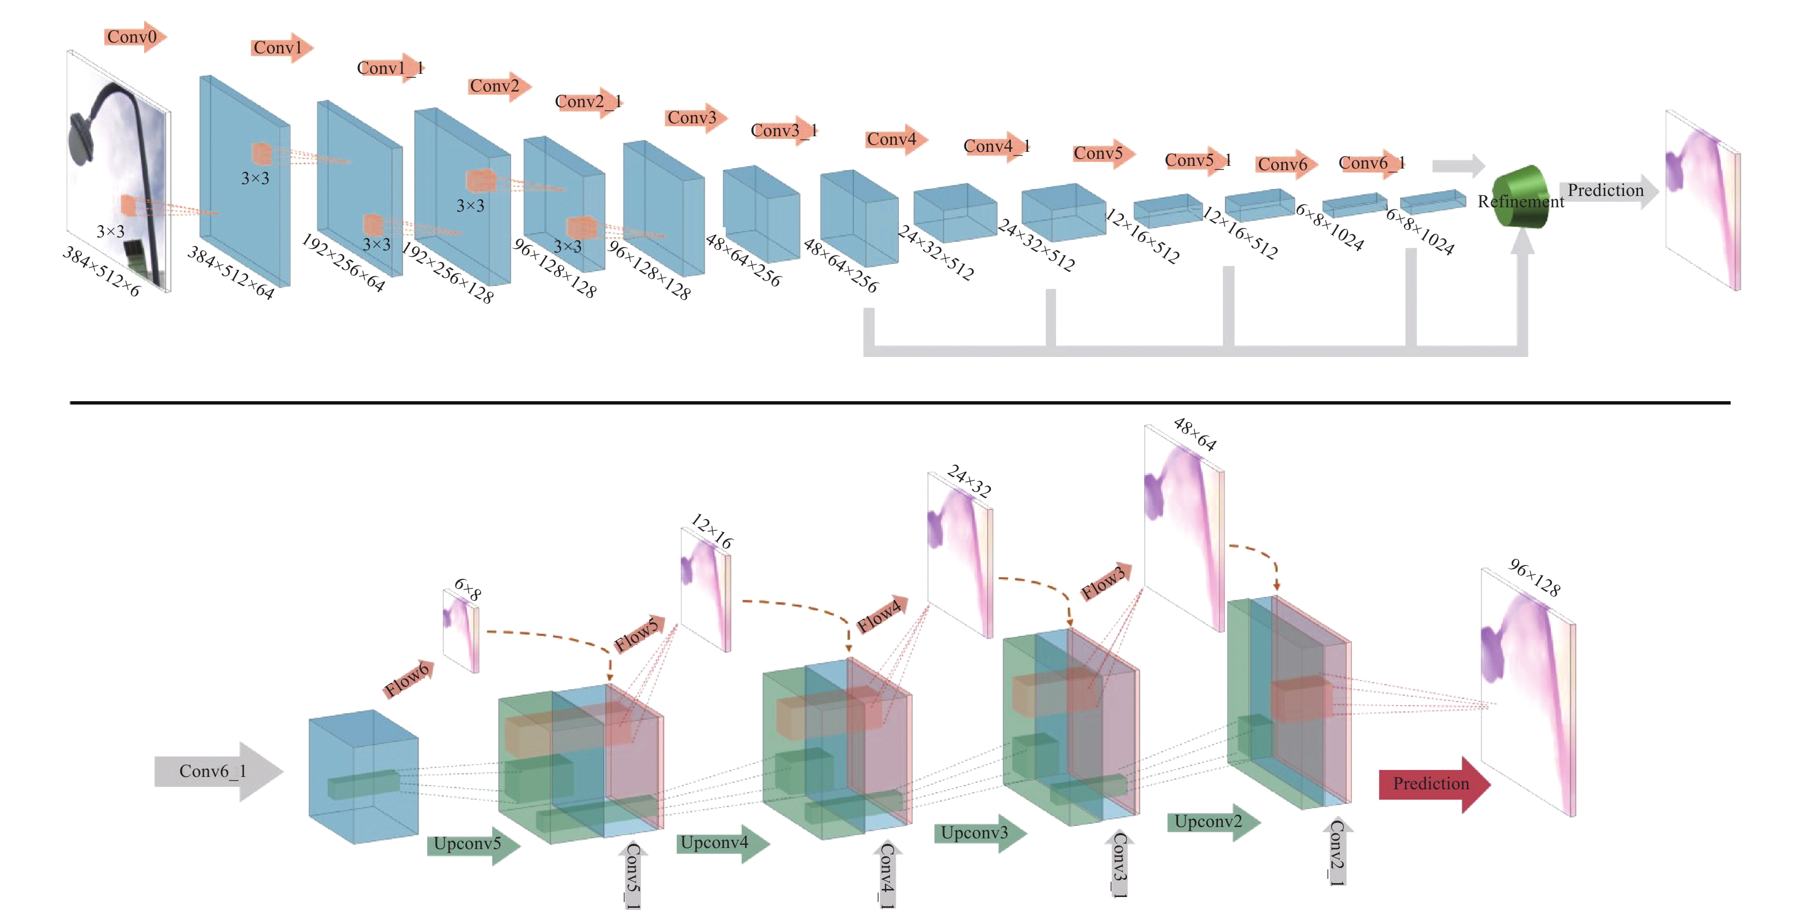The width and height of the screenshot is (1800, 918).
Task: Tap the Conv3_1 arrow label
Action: pyautogui.click(x=783, y=131)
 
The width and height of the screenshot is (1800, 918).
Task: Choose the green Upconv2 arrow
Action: pyautogui.click(x=1214, y=822)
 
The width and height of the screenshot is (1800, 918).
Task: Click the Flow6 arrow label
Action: pyautogui.click(x=409, y=679)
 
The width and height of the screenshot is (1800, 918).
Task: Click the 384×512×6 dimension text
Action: pyautogui.click(x=101, y=271)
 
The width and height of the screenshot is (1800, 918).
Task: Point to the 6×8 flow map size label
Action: pyautogui.click(x=467, y=590)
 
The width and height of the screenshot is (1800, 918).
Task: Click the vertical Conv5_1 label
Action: pyautogui.click(x=633, y=875)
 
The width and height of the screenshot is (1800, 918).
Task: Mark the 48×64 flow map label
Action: pyautogui.click(x=1195, y=434)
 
